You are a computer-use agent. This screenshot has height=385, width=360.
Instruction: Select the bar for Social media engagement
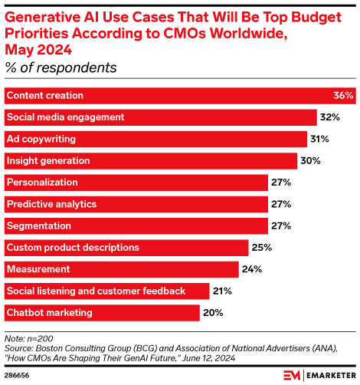click(x=161, y=117)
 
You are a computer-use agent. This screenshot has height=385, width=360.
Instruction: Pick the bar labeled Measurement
click(x=122, y=269)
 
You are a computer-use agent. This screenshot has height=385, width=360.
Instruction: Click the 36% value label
click(x=343, y=96)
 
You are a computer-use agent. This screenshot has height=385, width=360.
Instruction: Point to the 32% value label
click(x=329, y=117)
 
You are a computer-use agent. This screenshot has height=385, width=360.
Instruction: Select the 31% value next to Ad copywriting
click(x=319, y=139)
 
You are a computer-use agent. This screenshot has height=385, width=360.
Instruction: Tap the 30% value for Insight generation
click(x=309, y=161)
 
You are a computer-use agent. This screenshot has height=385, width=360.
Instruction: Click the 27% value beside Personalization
click(x=280, y=183)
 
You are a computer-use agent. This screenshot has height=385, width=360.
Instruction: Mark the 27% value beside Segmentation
click(x=280, y=226)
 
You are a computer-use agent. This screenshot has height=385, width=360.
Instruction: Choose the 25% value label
click(x=261, y=248)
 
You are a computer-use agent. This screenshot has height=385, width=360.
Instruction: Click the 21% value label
click(x=222, y=291)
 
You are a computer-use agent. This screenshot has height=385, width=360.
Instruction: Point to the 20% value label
click(x=212, y=312)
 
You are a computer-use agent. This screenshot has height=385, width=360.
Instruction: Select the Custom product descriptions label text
click(x=73, y=248)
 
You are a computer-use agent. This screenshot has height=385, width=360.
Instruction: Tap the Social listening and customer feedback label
click(x=96, y=291)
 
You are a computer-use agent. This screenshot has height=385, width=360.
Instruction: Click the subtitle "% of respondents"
click(x=61, y=67)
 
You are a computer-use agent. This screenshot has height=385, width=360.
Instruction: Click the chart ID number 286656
click(x=19, y=375)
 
